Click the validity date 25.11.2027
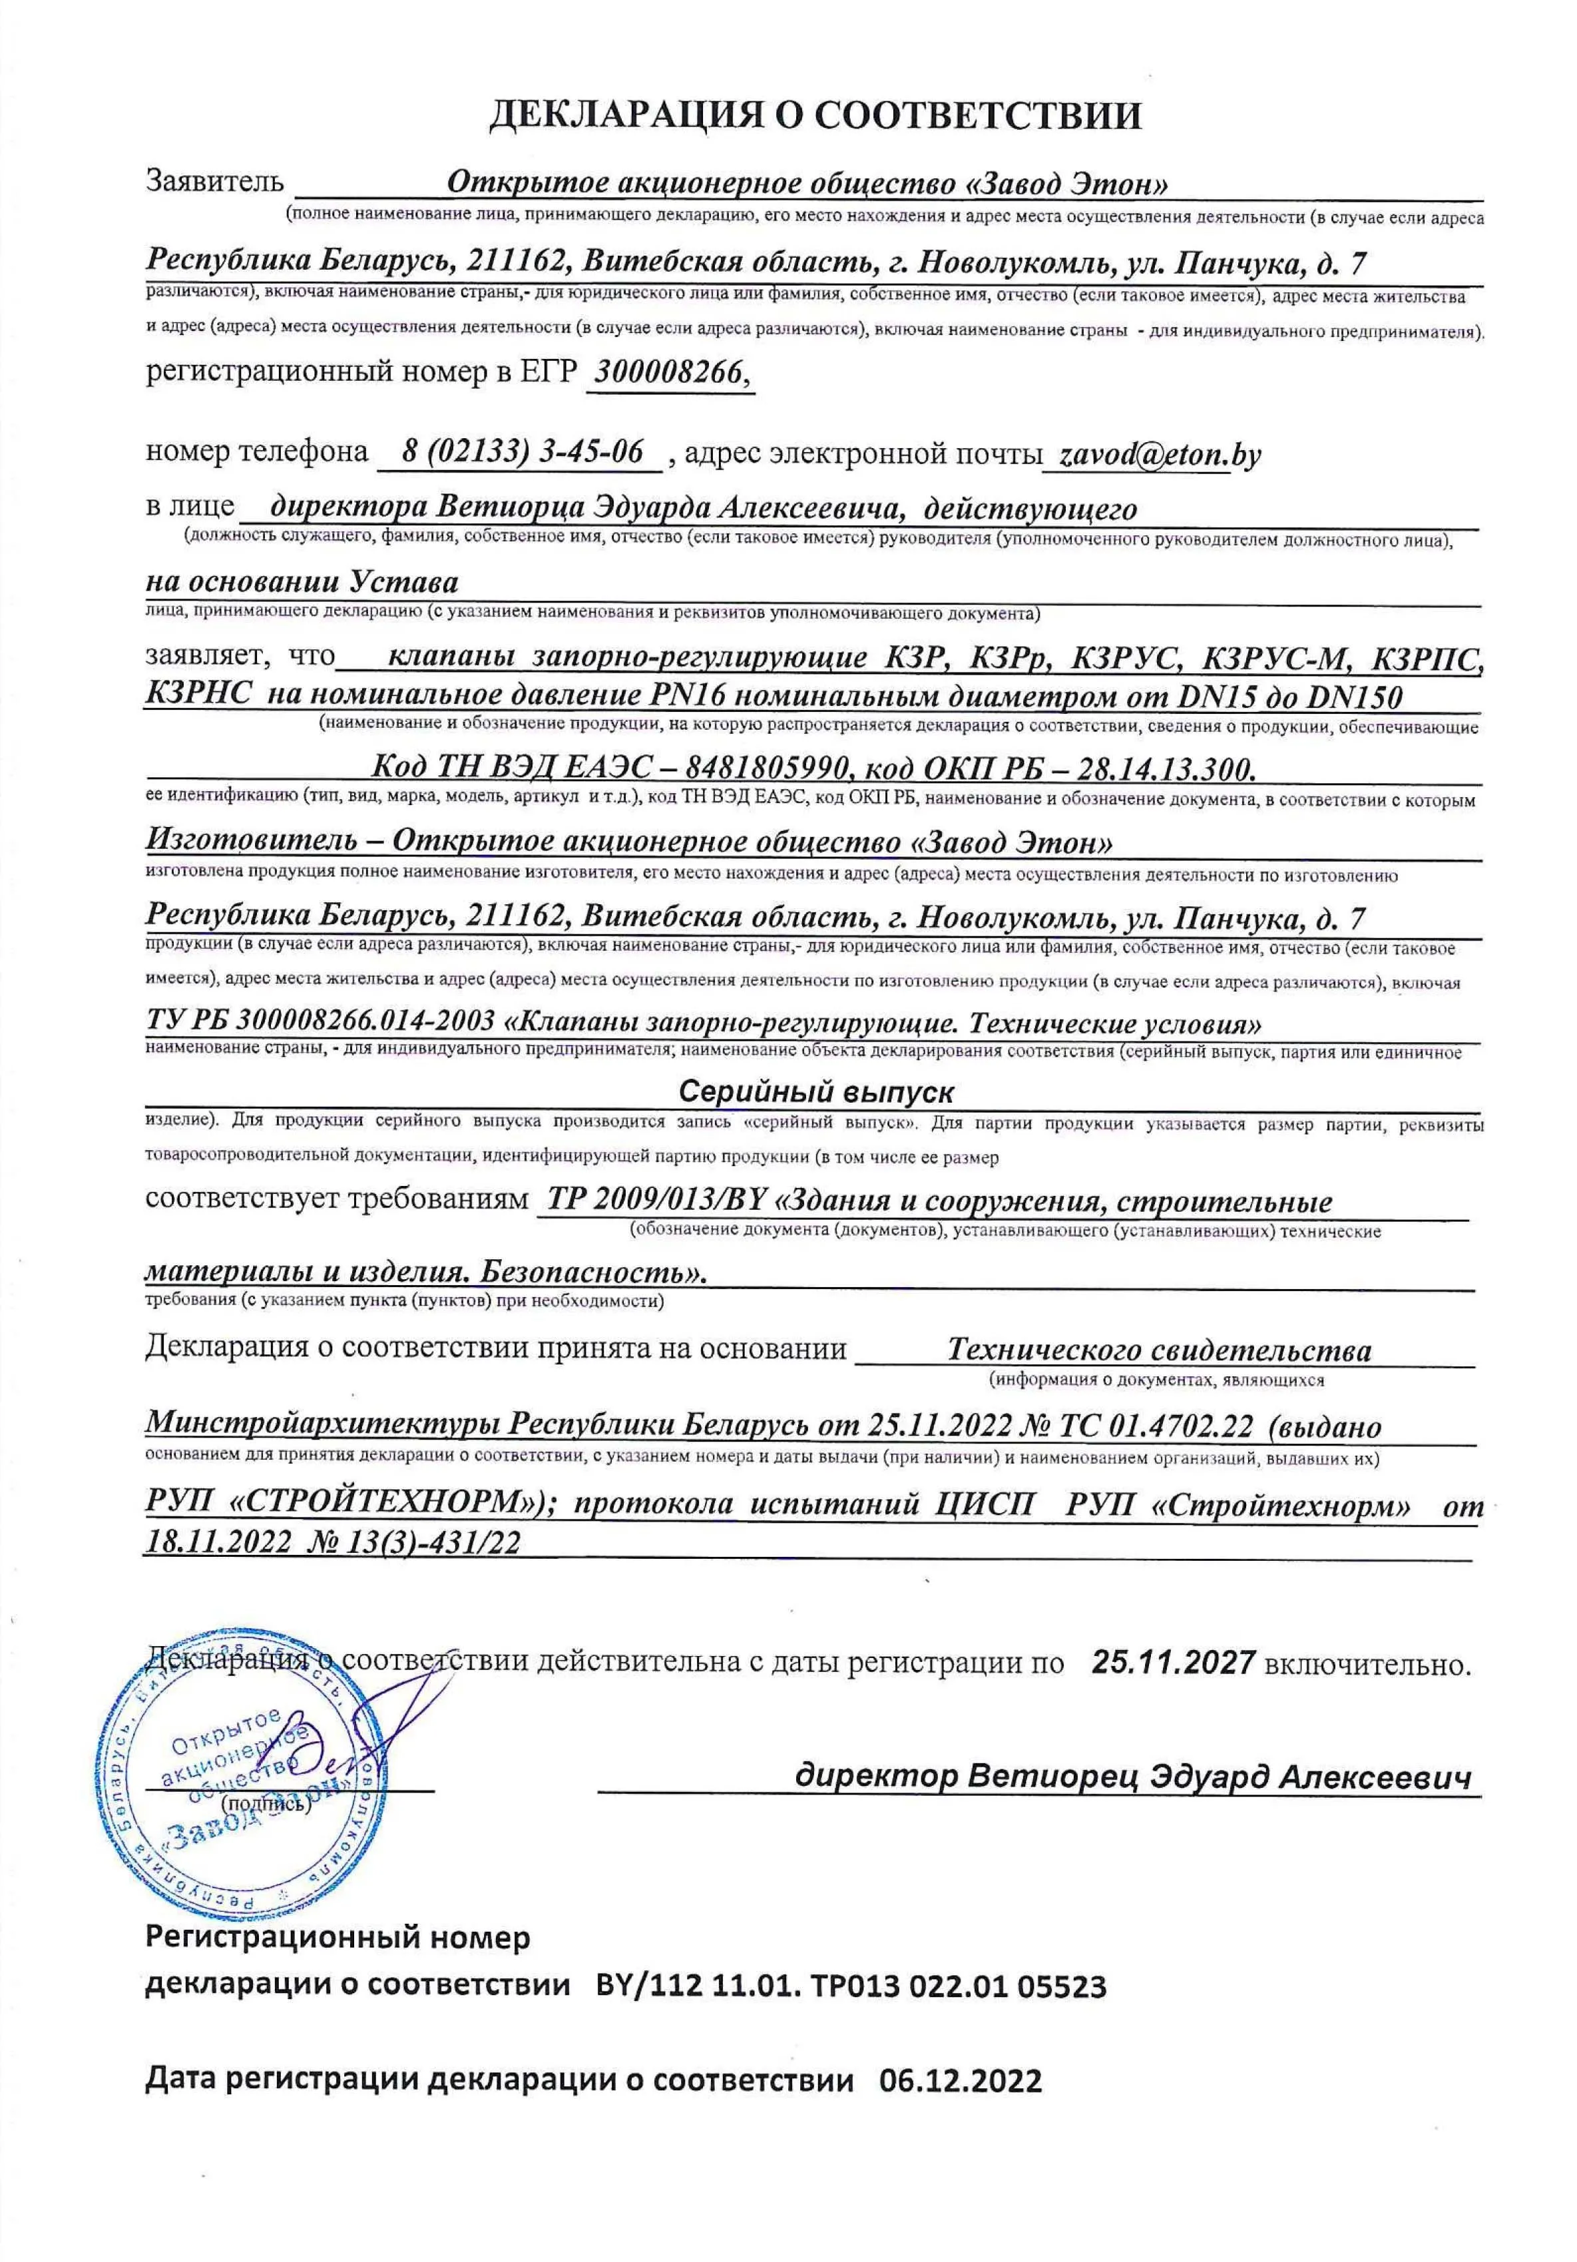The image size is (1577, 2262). pyautogui.click(x=1172, y=1662)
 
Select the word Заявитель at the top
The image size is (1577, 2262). pyautogui.click(x=215, y=181)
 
